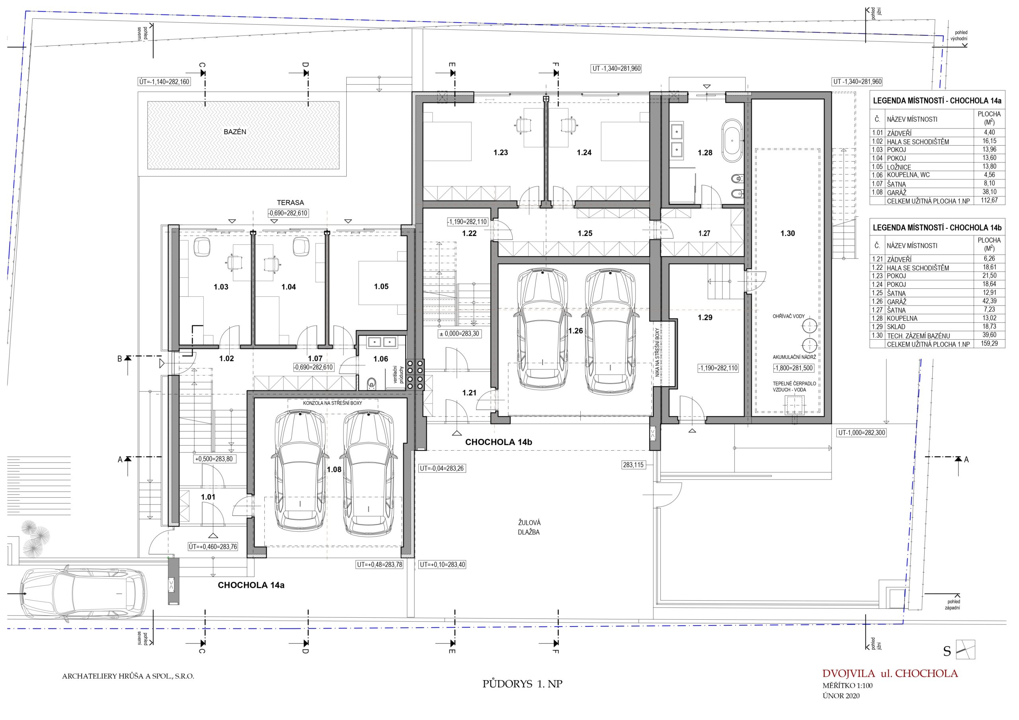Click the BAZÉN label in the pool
tap(235, 132)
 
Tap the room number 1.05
tap(381, 286)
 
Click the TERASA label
tap(290, 203)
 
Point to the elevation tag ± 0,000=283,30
tap(459, 334)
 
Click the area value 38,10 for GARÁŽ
tap(989, 192)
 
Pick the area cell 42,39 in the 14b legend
tap(989, 301)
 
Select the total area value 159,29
tap(989, 344)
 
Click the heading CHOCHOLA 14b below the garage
tap(498, 442)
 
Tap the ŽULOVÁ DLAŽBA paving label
tap(529, 527)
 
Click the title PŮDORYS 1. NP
tap(522, 684)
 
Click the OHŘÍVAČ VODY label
tap(789, 316)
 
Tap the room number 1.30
tap(788, 234)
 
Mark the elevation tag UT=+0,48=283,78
tap(379, 565)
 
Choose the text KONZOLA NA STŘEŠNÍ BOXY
tap(332, 403)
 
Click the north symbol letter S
tap(947, 652)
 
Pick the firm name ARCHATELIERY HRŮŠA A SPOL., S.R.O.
tap(128, 677)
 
